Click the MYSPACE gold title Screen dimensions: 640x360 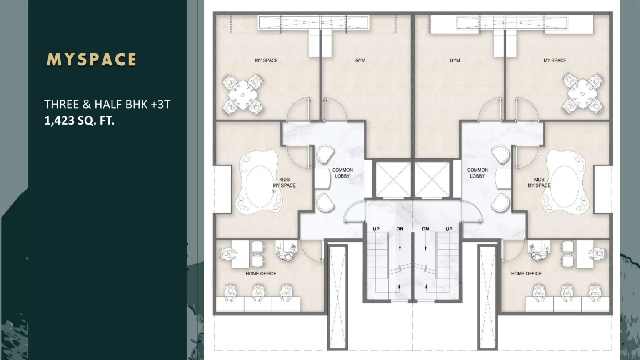(91, 60)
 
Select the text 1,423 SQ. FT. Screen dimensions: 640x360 (80, 120)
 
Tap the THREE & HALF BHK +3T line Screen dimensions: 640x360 (107, 105)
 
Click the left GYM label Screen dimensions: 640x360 (360, 60)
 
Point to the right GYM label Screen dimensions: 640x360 (455, 60)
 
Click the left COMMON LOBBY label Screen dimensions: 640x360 (342, 173)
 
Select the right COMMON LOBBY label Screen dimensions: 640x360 (477, 173)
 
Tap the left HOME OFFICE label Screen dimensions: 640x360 (261, 273)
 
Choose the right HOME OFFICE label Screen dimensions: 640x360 (526, 273)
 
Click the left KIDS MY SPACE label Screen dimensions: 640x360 (284, 182)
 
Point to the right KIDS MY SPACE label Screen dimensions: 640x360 (539, 182)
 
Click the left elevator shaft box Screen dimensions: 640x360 (393, 180)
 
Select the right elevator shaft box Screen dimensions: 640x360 (432, 180)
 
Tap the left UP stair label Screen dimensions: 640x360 (376, 229)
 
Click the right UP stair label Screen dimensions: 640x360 (449, 229)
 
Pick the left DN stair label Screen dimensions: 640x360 (400, 229)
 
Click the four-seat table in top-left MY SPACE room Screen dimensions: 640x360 (243, 95)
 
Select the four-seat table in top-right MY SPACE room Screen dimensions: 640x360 (583, 93)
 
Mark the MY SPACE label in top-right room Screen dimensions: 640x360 (555, 60)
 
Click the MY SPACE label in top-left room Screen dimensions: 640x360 (266, 60)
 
